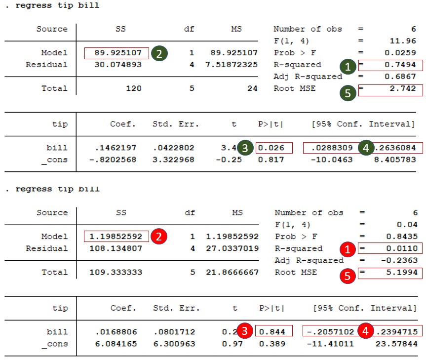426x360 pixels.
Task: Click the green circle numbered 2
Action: (x=158, y=53)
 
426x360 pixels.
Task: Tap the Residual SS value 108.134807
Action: (x=116, y=248)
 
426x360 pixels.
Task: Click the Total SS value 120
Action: (x=133, y=88)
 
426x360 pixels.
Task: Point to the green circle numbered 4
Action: (x=366, y=148)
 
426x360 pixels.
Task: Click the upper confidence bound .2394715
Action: (x=396, y=332)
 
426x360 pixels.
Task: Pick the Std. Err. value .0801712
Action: (x=174, y=332)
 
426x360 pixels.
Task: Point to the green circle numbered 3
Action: (x=245, y=148)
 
